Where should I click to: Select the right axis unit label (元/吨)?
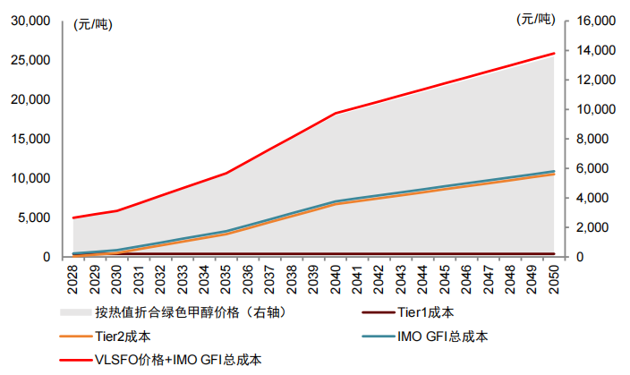[x=535, y=19]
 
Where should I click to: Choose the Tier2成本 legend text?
[x=122, y=337]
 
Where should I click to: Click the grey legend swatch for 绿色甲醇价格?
[x=74, y=312]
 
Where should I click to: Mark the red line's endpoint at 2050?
[x=555, y=54]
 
